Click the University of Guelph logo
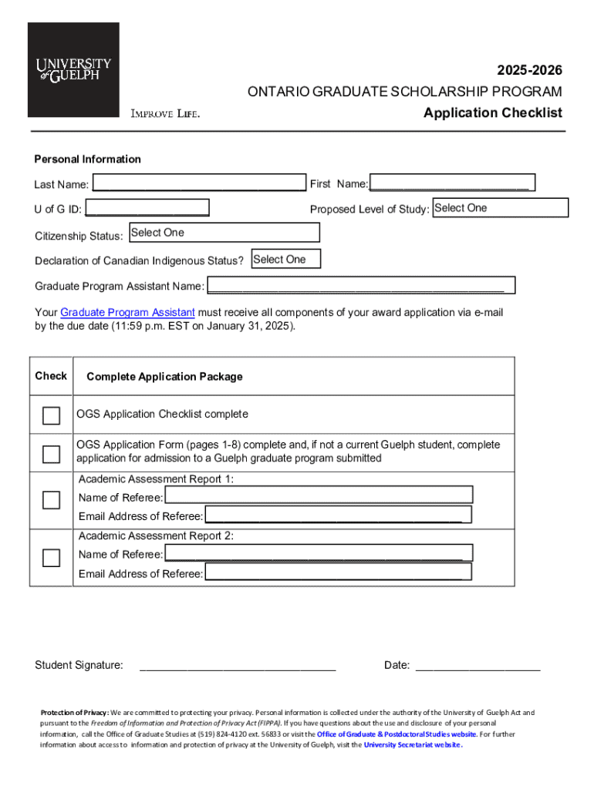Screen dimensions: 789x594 tap(73, 69)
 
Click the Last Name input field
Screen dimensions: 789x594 tap(198, 183)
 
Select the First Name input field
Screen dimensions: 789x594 tap(452, 183)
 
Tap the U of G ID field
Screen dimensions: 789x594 tap(147, 208)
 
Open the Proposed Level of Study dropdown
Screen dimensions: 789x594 tap(500, 208)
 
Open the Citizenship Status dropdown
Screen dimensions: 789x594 tap(224, 233)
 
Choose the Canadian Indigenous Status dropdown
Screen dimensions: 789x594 tap(285, 260)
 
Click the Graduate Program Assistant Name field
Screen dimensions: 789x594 tap(360, 286)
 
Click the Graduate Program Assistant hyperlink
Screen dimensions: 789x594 tap(127, 312)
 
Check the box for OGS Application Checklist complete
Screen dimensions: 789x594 tap(51, 416)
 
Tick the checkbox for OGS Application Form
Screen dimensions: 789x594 tap(51, 454)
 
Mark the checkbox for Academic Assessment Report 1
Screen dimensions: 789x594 tap(51, 500)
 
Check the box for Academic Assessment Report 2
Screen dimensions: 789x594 tap(51, 558)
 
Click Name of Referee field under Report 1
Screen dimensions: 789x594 tap(318, 496)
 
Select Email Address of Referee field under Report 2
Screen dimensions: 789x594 tap(338, 572)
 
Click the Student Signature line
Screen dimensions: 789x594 tap(238, 666)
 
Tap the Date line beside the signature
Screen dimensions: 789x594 tap(478, 666)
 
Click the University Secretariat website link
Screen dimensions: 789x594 tap(413, 745)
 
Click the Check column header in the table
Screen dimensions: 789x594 tap(51, 376)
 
